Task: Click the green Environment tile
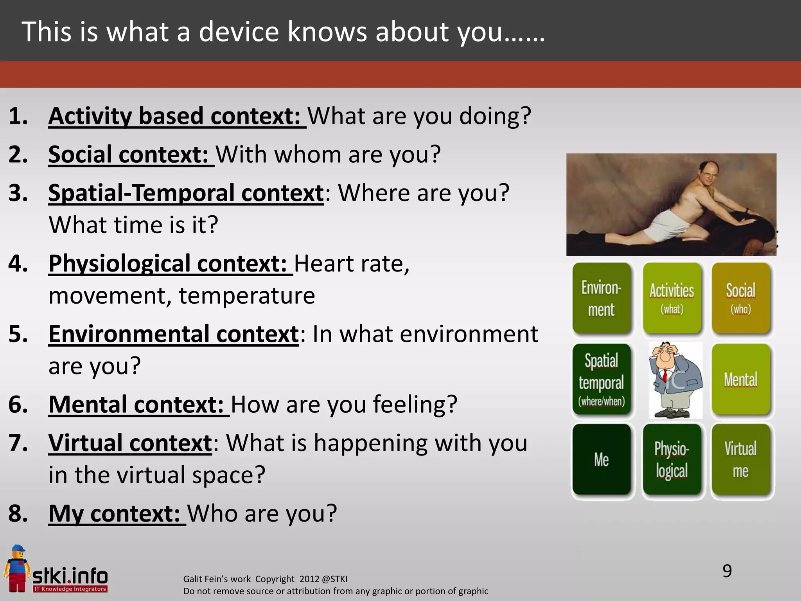(x=602, y=298)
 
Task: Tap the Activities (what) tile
(x=672, y=298)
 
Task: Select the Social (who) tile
(x=741, y=298)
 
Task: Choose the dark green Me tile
(x=602, y=460)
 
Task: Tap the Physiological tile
(x=672, y=460)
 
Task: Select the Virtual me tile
(x=741, y=460)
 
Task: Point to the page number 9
(x=727, y=571)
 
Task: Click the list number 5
(x=18, y=335)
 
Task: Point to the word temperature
(x=247, y=295)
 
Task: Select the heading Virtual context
(x=130, y=443)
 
